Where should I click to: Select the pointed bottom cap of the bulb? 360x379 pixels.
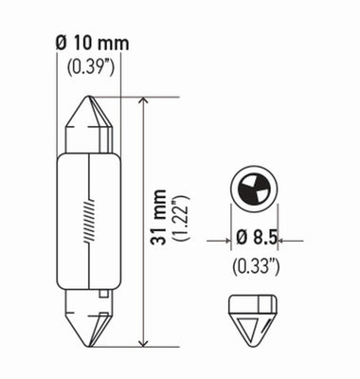pyautogui.click(x=91, y=323)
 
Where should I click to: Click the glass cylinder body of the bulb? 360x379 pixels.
pyautogui.click(x=91, y=218)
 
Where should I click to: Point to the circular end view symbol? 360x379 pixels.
pyautogui.click(x=253, y=189)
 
